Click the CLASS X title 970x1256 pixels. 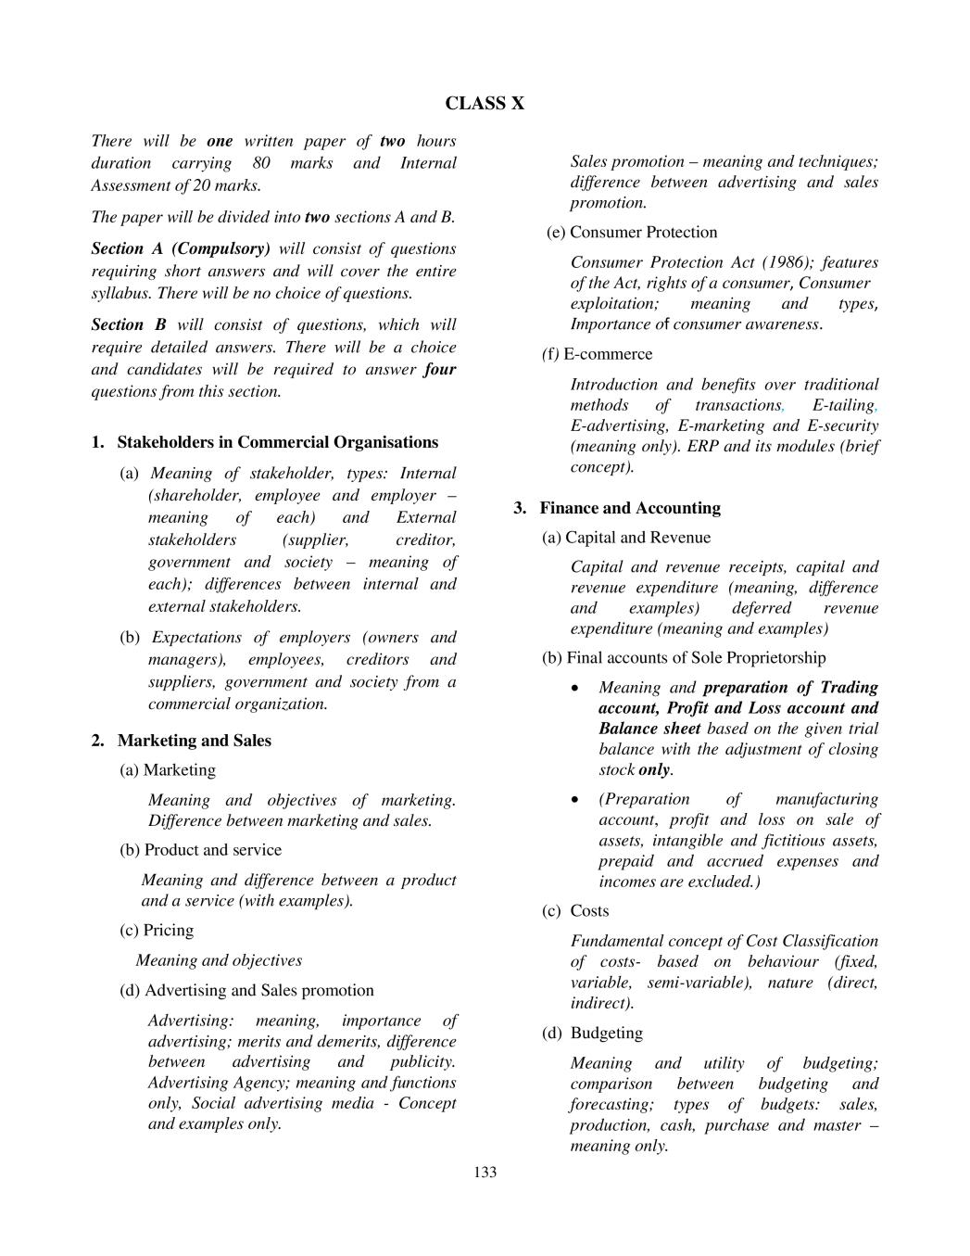(485, 104)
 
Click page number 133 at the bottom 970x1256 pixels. (485, 1173)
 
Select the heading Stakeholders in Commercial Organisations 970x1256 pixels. (277, 442)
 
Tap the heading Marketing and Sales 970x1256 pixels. (194, 741)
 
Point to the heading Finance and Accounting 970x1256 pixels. (630, 508)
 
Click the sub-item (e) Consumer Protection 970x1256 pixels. (632, 233)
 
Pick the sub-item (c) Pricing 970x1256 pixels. (157, 931)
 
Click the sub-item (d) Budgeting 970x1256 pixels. (592, 1034)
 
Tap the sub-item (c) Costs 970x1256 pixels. (575, 911)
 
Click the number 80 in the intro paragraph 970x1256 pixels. (261, 163)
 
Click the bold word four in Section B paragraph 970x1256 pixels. (440, 370)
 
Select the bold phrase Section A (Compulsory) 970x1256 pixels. (181, 249)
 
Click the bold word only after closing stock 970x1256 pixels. (653, 770)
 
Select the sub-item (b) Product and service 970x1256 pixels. (200, 850)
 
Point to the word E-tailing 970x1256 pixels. (842, 405)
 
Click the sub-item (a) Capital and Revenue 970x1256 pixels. (626, 538)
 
